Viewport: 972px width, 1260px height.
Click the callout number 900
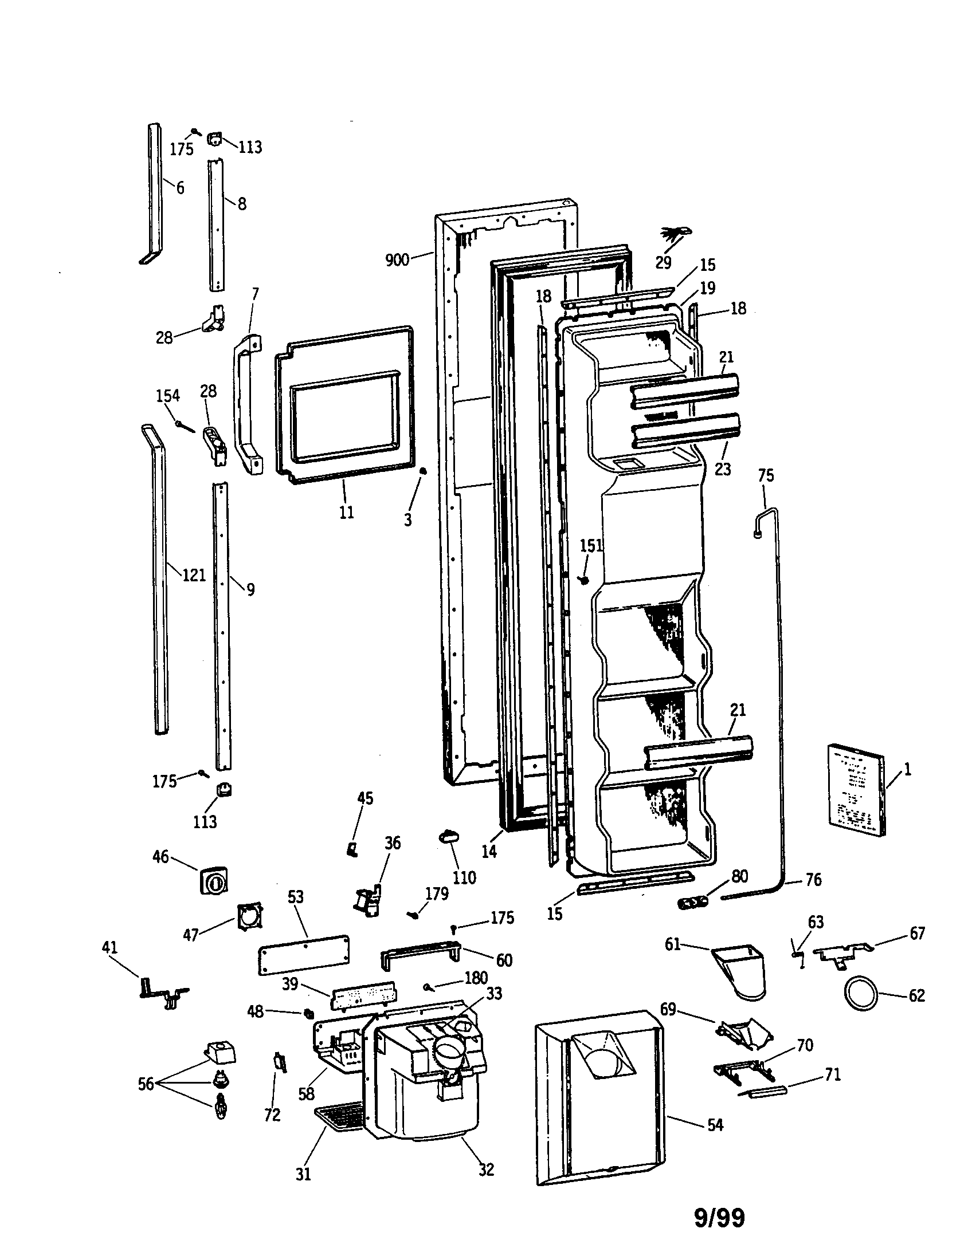coord(397,259)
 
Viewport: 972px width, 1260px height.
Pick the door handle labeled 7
coord(247,404)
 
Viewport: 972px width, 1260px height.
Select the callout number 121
coord(194,574)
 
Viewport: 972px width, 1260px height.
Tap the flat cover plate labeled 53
coord(304,955)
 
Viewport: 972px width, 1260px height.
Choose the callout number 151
coord(591,545)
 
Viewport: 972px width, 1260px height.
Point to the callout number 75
coord(765,475)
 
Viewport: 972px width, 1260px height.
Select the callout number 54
coord(715,1124)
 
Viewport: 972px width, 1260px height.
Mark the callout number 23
coord(723,469)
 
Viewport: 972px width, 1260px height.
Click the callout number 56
coord(146,1084)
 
